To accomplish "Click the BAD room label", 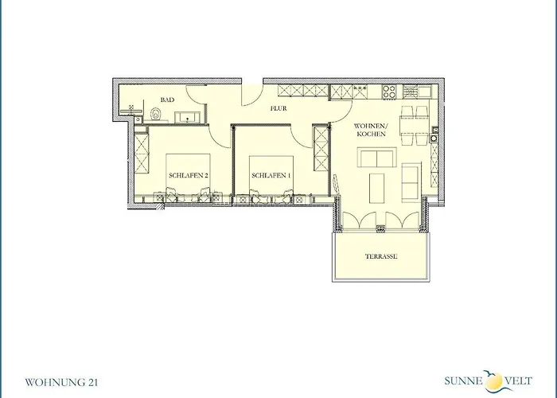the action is pyautogui.click(x=167, y=99).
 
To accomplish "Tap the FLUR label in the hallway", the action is pyautogui.click(x=278, y=108).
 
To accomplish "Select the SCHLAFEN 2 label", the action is pyautogui.click(x=189, y=176).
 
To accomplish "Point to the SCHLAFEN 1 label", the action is pyautogui.click(x=271, y=176).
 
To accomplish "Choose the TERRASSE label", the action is pyautogui.click(x=381, y=256).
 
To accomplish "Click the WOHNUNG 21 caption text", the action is pyautogui.click(x=61, y=383).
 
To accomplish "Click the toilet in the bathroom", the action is pyautogui.click(x=156, y=115).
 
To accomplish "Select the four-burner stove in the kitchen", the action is pyautogui.click(x=388, y=91).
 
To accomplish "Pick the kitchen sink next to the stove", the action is pyautogui.click(x=424, y=91).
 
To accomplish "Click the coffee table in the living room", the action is pyautogui.click(x=377, y=189).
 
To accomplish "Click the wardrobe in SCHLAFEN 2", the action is pyautogui.click(x=142, y=152).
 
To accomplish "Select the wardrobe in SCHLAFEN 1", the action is pyautogui.click(x=321, y=150).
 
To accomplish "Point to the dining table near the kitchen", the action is pyautogui.click(x=414, y=125).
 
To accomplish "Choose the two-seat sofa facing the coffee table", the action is pyautogui.click(x=376, y=158).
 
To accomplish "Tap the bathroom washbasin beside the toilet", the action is pyautogui.click(x=188, y=117).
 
